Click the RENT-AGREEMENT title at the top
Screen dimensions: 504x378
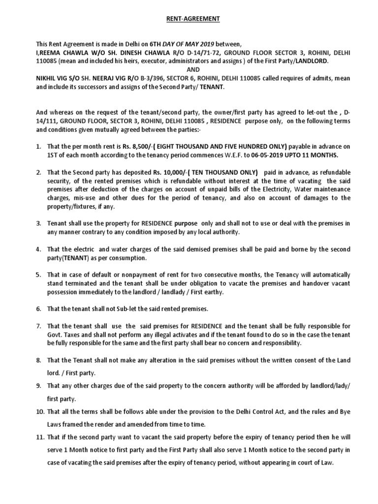(189, 19)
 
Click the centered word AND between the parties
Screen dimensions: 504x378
(189, 69)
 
